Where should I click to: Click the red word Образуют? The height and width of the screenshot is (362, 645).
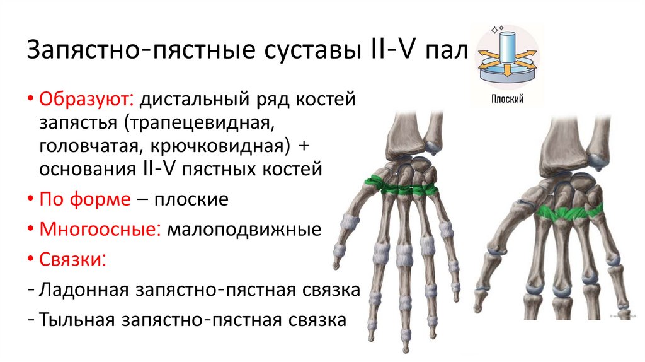86,99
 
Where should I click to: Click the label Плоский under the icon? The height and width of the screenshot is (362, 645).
508,99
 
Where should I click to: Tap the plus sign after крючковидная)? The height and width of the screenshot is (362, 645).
304,146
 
